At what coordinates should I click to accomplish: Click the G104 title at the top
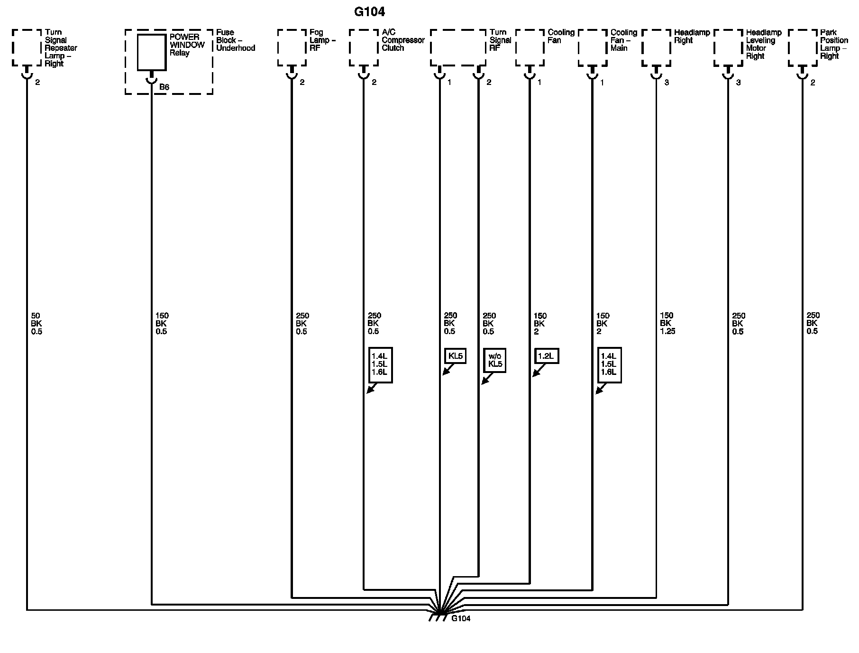click(369, 12)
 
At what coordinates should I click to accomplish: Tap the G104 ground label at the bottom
click(460, 618)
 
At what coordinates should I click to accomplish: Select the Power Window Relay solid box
click(152, 52)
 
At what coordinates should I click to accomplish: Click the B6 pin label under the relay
click(164, 87)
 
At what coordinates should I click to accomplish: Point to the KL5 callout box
click(455, 356)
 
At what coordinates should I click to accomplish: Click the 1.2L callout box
click(547, 356)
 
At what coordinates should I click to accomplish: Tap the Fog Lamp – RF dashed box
click(292, 47)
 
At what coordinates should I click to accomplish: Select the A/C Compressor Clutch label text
click(402, 40)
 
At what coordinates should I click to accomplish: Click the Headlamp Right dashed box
click(656, 47)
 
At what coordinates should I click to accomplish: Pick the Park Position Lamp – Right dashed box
click(803, 47)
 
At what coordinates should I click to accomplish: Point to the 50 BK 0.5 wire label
click(37, 324)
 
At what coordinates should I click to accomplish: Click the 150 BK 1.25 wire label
click(667, 324)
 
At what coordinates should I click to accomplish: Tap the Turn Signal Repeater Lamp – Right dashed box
click(27, 47)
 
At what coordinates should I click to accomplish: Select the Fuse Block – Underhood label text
click(235, 40)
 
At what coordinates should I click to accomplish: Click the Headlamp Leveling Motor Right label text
click(763, 44)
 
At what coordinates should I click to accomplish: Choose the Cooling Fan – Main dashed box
click(593, 47)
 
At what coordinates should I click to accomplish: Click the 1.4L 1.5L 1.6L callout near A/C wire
click(380, 365)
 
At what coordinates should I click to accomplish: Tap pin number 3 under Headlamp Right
click(667, 83)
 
